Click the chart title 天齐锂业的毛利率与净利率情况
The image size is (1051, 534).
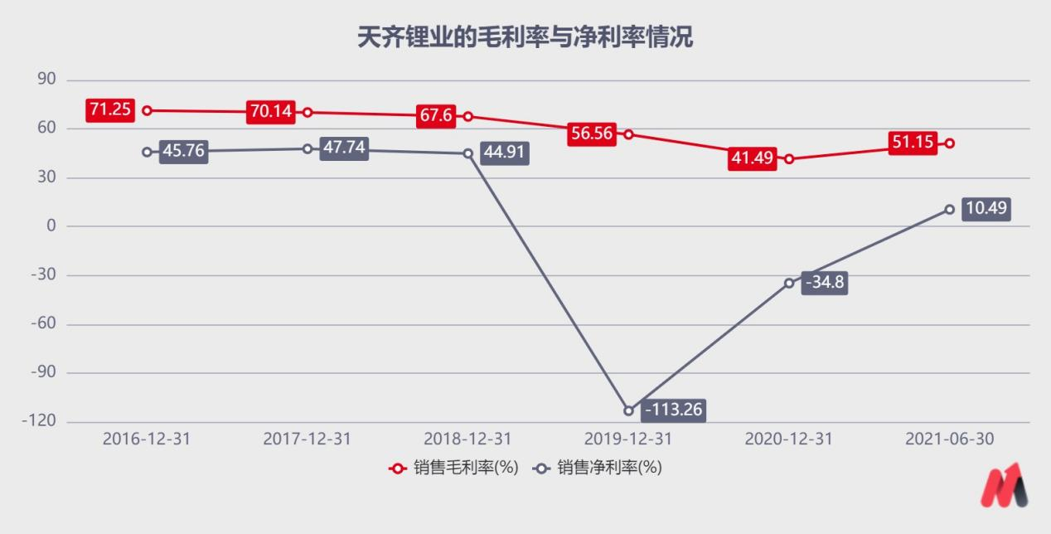pyautogui.click(x=525, y=37)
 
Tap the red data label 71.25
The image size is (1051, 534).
pyautogui.click(x=109, y=109)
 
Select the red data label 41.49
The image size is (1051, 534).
pyautogui.click(x=752, y=158)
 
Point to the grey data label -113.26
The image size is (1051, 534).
pyautogui.click(x=674, y=410)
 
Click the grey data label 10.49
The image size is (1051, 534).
pyautogui.click(x=986, y=208)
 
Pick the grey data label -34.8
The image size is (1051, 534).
pyautogui.click(x=825, y=283)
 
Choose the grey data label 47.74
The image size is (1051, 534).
pyautogui.click(x=343, y=149)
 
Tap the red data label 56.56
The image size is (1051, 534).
pyautogui.click(x=592, y=133)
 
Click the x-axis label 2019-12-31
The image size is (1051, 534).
pyautogui.click(x=628, y=439)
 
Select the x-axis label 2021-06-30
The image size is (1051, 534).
pyautogui.click(x=950, y=439)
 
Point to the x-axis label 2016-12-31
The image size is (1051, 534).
pyautogui.click(x=147, y=439)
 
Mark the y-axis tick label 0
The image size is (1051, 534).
pyautogui.click(x=51, y=226)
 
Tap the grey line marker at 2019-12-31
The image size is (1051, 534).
pyautogui.click(x=628, y=410)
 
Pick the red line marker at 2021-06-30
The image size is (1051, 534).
pyautogui.click(x=950, y=143)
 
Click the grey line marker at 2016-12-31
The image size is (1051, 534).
pyautogui.click(x=147, y=152)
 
